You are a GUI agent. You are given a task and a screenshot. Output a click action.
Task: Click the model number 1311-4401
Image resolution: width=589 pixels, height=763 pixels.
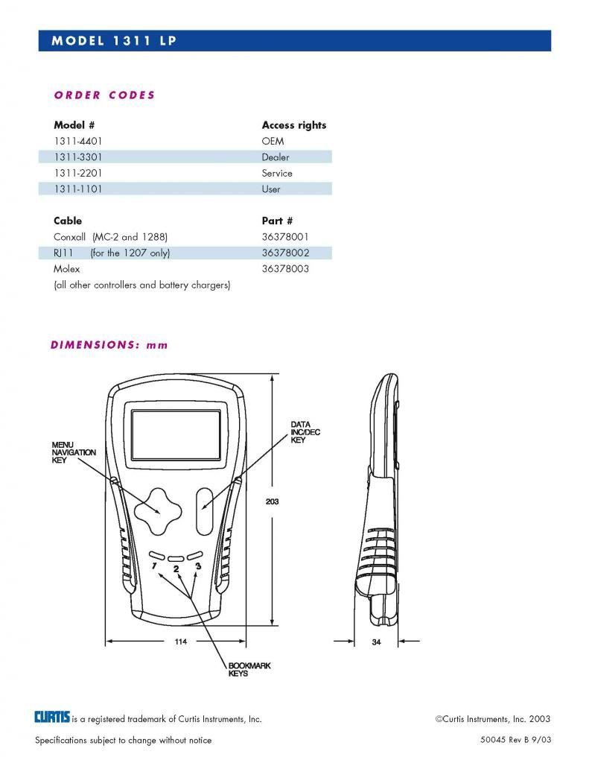tap(77, 141)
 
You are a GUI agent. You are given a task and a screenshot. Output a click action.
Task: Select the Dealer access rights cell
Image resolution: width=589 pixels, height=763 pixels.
tap(276, 157)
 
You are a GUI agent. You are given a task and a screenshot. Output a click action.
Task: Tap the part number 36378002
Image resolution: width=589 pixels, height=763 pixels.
tap(285, 253)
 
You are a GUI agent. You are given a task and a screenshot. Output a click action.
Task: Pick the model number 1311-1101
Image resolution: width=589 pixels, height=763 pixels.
tap(77, 189)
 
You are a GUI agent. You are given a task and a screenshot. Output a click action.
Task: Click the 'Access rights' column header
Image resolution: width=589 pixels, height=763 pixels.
tap(293, 125)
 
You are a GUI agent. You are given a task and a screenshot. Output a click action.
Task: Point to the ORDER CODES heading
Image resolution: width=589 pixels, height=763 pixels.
tap(104, 95)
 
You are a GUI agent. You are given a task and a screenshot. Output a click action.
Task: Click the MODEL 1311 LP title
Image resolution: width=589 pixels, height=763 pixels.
tap(114, 41)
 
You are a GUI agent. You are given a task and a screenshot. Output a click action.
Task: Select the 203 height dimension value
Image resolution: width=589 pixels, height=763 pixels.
tap(272, 501)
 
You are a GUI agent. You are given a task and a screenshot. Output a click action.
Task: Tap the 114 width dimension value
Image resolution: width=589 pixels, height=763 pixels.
tap(180, 642)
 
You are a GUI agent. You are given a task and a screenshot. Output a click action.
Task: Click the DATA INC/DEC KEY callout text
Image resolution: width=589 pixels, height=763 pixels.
tap(305, 432)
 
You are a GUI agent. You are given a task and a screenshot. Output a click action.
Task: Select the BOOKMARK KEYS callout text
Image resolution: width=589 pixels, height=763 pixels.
tap(249, 670)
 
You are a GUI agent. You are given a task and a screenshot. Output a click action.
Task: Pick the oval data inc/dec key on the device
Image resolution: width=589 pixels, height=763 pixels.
tap(206, 511)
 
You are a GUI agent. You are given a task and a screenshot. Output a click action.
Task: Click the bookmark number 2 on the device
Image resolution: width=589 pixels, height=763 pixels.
tap(176, 569)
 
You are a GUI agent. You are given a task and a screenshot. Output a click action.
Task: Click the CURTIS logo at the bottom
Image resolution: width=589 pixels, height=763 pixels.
tap(52, 718)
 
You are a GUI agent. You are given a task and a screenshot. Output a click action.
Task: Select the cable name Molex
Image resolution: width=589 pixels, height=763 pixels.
tap(66, 269)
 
